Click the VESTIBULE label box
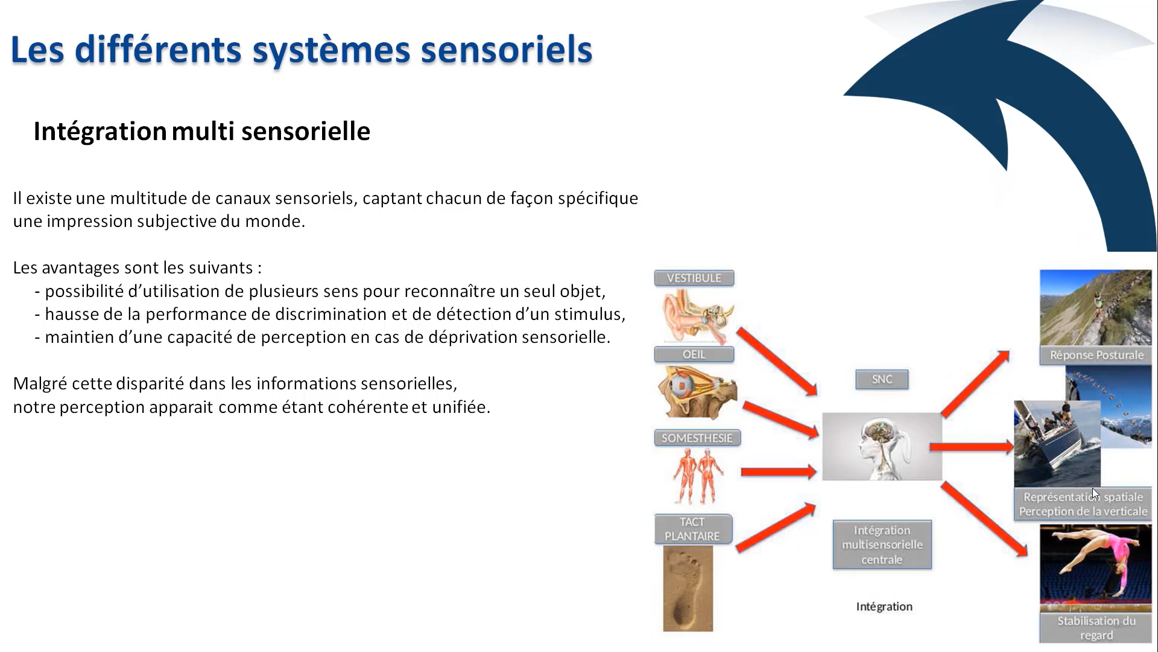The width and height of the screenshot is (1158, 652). pyautogui.click(x=694, y=278)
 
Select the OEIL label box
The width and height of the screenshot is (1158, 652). pyautogui.click(x=694, y=354)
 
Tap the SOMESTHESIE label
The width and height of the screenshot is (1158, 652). pyautogui.click(x=697, y=438)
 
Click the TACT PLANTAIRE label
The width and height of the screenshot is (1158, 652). pyautogui.click(x=692, y=529)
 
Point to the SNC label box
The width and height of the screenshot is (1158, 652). pyautogui.click(x=881, y=379)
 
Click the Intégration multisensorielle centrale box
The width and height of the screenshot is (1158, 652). pyautogui.click(x=882, y=545)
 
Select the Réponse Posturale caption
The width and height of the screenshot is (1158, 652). pyautogui.click(x=1096, y=355)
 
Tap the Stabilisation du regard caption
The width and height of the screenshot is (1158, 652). pyautogui.click(x=1096, y=628)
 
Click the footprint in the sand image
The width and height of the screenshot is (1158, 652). pyautogui.click(x=688, y=589)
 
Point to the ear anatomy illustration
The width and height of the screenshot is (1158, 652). pyautogui.click(x=697, y=315)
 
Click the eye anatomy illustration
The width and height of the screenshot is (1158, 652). pyautogui.click(x=697, y=392)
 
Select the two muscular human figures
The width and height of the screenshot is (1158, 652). pyautogui.click(x=698, y=476)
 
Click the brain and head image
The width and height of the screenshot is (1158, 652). pyautogui.click(x=881, y=447)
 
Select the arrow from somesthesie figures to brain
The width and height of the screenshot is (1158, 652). pyautogui.click(x=778, y=472)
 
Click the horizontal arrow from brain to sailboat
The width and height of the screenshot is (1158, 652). pyautogui.click(x=971, y=447)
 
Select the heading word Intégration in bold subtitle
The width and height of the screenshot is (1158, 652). pyautogui.click(x=100, y=131)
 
